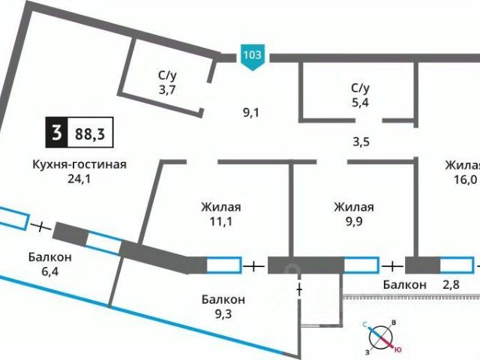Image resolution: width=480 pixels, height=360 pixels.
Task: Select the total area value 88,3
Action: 88,134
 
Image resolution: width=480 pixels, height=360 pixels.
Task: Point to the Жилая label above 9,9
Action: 353,207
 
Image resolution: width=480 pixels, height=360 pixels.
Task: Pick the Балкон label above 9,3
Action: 223,299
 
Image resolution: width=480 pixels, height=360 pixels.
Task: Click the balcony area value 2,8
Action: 451,284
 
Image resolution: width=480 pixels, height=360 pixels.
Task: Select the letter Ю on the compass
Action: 398,349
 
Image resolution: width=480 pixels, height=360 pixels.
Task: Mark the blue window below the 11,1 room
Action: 223,265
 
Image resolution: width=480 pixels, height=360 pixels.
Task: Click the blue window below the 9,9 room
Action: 361,265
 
